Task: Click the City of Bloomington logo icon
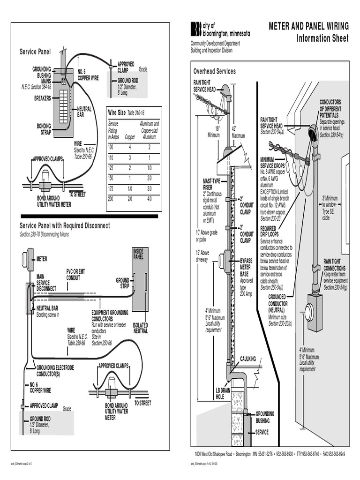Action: click(195, 29)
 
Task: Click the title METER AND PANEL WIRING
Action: click(308, 26)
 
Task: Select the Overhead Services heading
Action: click(214, 71)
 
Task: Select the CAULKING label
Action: click(248, 359)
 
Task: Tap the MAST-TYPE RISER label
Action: click(211, 184)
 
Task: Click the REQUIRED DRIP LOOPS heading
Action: click(270, 232)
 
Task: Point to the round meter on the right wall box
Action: click(309, 312)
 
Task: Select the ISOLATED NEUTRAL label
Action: click(141, 328)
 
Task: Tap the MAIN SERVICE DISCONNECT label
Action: click(46, 282)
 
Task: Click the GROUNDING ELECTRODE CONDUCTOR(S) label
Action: click(55, 371)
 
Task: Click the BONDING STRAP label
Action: click(44, 128)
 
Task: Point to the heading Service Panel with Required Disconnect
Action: click(65, 225)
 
